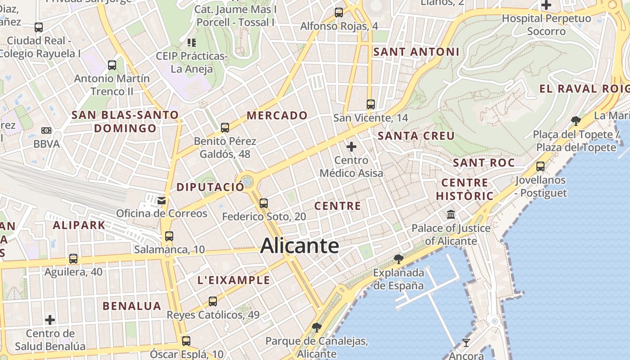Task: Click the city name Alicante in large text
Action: (x=299, y=246)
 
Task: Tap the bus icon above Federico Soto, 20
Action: (x=264, y=203)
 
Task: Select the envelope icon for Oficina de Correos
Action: (x=161, y=200)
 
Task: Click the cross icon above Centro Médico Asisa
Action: (x=351, y=147)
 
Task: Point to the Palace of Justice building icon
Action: (x=451, y=215)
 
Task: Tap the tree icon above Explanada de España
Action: (x=398, y=259)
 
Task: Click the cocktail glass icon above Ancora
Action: (x=466, y=343)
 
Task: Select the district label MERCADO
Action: (x=277, y=116)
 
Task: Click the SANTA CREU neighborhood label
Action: (x=416, y=136)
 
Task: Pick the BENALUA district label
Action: (x=132, y=306)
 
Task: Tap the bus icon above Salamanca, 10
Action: (x=169, y=236)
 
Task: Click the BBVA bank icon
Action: (x=46, y=130)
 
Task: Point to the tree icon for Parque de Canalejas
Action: (x=317, y=328)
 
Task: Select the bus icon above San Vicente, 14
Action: (x=371, y=104)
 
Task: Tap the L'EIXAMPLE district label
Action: (x=234, y=280)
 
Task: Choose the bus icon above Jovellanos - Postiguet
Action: (x=540, y=166)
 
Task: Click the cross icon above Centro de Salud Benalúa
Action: (x=50, y=320)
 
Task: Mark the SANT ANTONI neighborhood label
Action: (x=416, y=52)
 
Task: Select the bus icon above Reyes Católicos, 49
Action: (x=213, y=301)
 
